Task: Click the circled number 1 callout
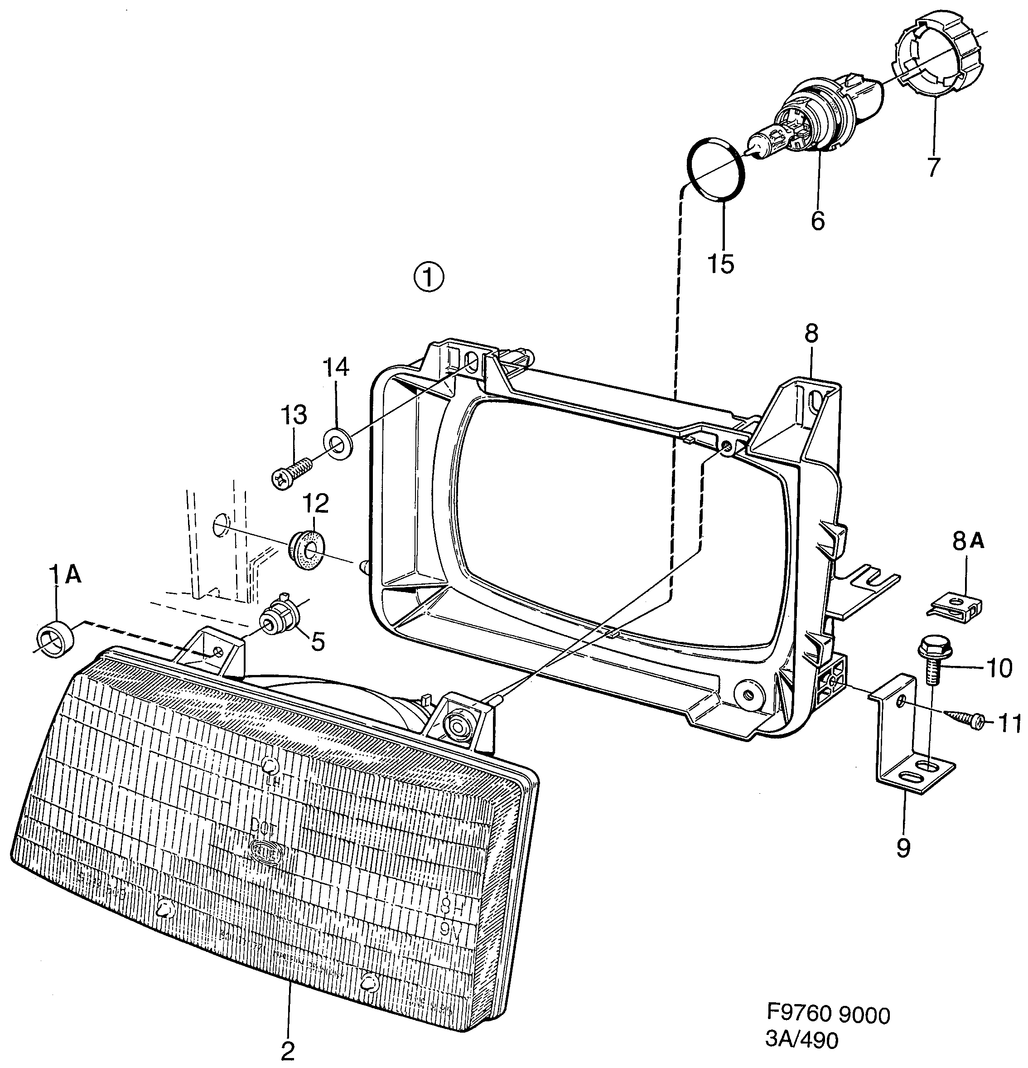coord(429,278)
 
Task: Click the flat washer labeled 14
coord(338,443)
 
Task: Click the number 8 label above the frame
coord(811,334)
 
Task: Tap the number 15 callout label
coord(721,264)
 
